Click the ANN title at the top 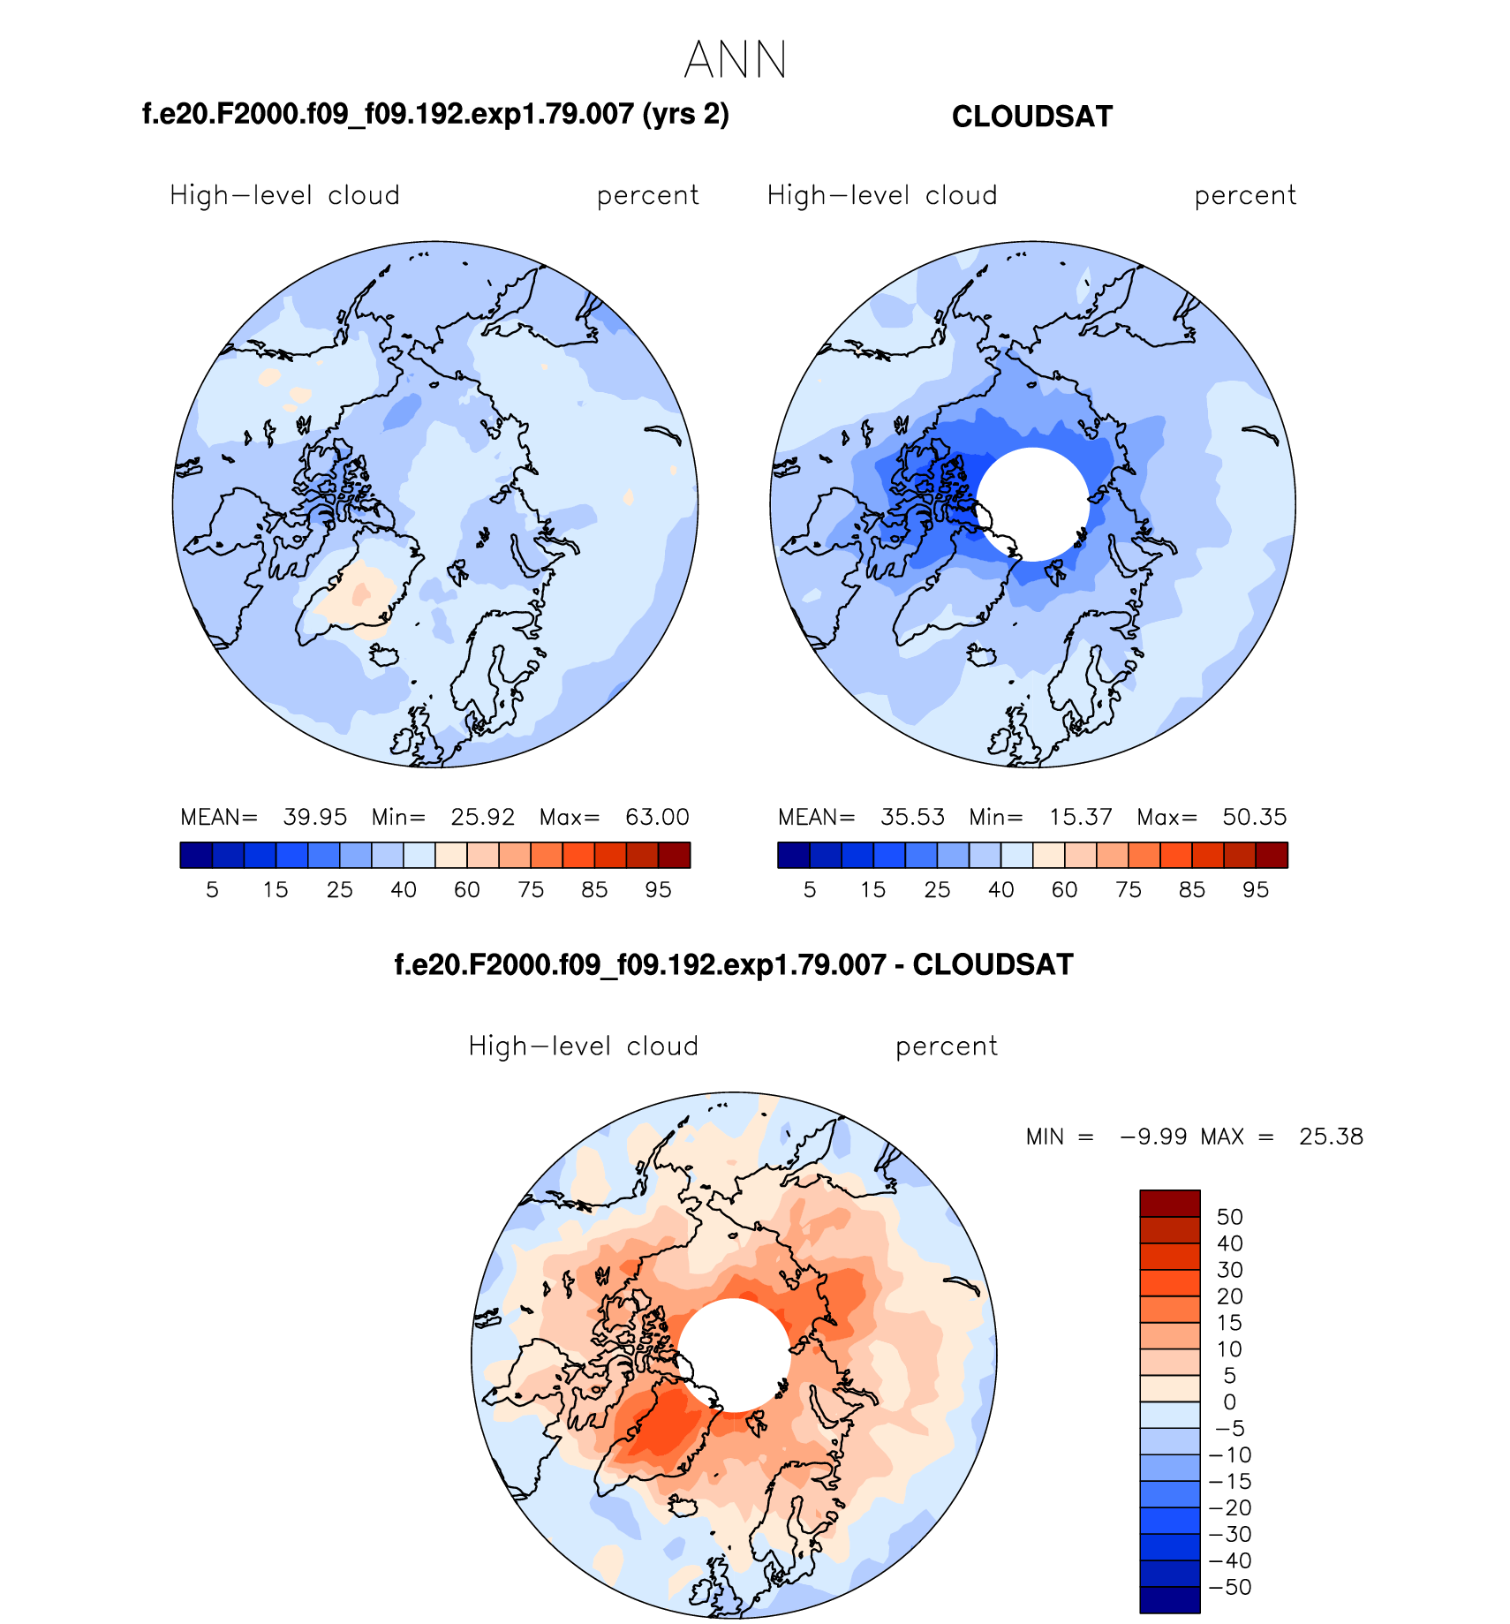coord(735,60)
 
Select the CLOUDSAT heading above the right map coord(1031,117)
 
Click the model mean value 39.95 coord(314,817)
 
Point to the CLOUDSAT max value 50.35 coord(1254,817)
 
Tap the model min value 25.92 coord(482,817)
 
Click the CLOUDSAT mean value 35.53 coord(912,817)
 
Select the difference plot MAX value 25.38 coord(1331,1137)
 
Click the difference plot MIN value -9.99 coord(1153,1137)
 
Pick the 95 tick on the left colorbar coord(658,890)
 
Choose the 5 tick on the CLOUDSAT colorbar coord(810,890)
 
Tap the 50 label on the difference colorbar coord(1229,1217)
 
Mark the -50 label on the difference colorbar coord(1230,1587)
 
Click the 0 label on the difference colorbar coord(1229,1402)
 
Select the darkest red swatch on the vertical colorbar coord(1169,1204)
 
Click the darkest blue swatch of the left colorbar coord(196,855)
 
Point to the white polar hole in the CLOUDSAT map coord(1032,504)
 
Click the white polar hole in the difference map coord(734,1355)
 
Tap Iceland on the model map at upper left coord(384,655)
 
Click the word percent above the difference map coord(946,1046)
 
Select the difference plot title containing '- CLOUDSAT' coord(733,964)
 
